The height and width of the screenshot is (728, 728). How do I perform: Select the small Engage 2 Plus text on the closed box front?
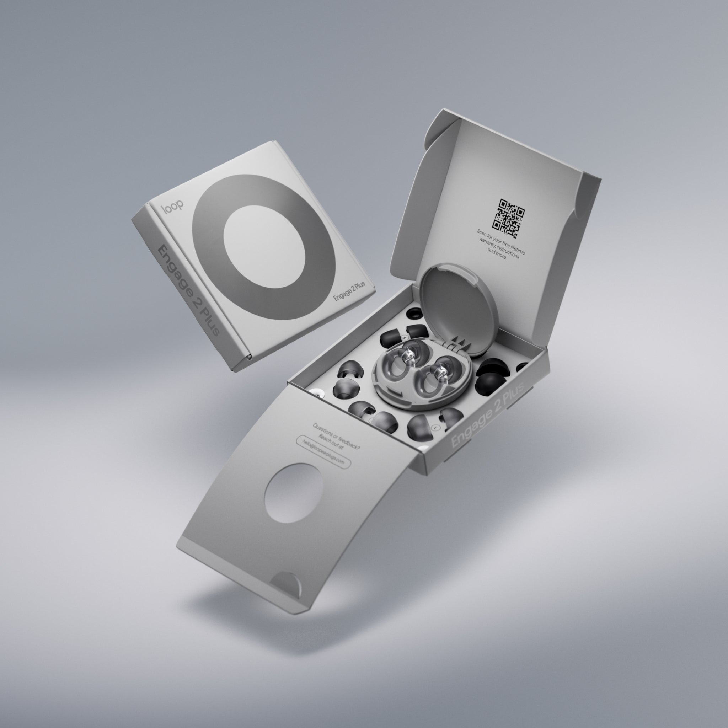click(x=349, y=291)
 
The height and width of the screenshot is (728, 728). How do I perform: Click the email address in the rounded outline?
click(x=323, y=452)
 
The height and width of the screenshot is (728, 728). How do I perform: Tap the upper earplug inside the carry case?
click(x=402, y=359)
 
